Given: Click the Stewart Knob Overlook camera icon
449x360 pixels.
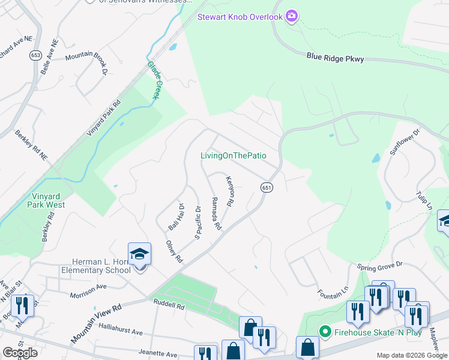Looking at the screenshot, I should (292, 16).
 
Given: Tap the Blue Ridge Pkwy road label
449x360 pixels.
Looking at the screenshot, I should (333, 58).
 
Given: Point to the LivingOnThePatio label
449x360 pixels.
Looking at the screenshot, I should (233, 156).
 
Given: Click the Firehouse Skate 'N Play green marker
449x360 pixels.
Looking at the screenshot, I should (325, 332).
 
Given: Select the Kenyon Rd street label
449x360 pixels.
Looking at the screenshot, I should (229, 191).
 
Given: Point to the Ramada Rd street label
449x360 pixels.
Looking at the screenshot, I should (216, 214).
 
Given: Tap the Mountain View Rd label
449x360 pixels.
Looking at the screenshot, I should (96, 323).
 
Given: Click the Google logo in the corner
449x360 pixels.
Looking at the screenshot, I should (20, 353).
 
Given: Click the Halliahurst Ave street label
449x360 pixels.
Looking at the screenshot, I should (121, 331).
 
